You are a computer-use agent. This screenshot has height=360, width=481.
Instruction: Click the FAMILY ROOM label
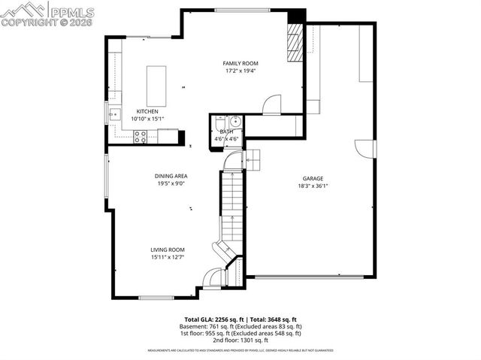point(240,62)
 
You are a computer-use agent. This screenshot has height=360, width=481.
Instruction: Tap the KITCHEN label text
point(147,111)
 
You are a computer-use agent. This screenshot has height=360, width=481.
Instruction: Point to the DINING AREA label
point(171,175)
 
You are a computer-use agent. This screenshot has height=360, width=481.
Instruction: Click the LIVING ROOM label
point(167,250)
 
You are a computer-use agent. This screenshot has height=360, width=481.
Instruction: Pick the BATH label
point(226,132)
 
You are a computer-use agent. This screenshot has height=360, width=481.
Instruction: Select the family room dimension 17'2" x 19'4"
point(240,71)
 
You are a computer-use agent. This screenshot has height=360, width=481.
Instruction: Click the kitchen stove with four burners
point(140,136)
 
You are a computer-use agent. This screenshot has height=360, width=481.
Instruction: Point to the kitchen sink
point(114,115)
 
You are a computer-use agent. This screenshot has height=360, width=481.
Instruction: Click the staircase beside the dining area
point(232,207)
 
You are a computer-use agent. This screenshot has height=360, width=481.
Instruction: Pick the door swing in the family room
point(272,104)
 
